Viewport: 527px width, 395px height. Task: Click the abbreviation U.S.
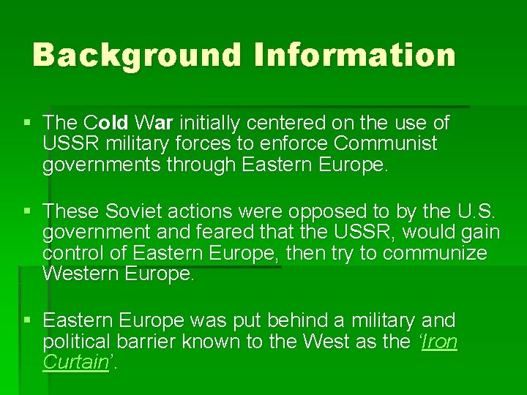tap(478, 211)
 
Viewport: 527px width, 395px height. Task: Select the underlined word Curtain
tap(75, 362)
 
